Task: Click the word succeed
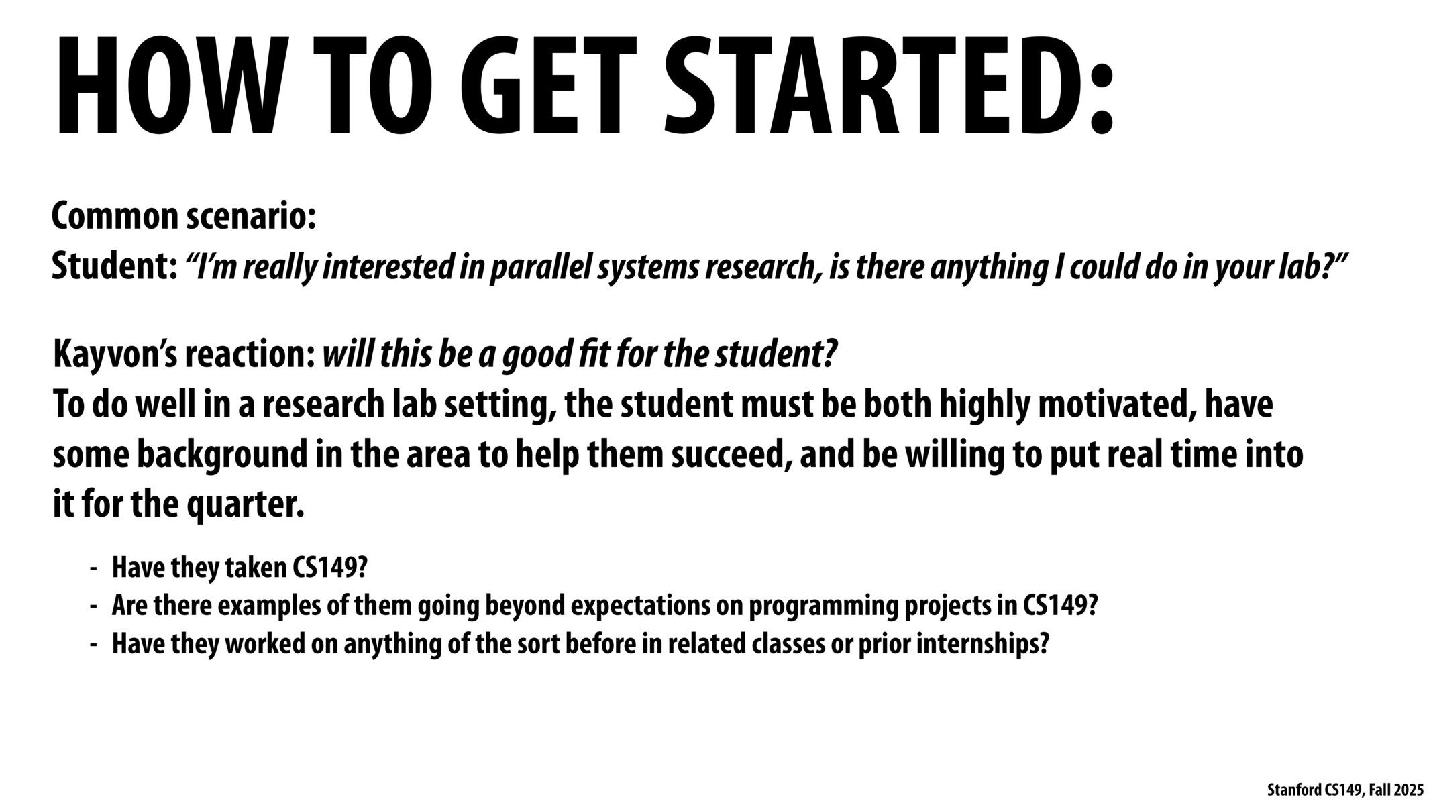tap(729, 455)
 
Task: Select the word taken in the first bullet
tap(255, 568)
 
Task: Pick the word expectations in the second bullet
tap(640, 606)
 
